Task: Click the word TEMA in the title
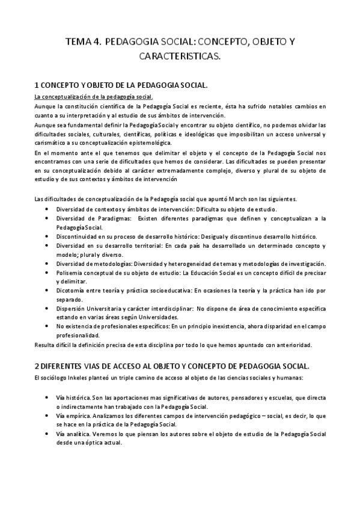pos(78,43)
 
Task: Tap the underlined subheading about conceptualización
pos(93,97)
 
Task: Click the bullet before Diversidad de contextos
pos(47,209)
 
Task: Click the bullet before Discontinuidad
pos(47,237)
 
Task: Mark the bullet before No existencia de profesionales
pos(47,326)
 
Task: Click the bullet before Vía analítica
pos(47,434)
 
